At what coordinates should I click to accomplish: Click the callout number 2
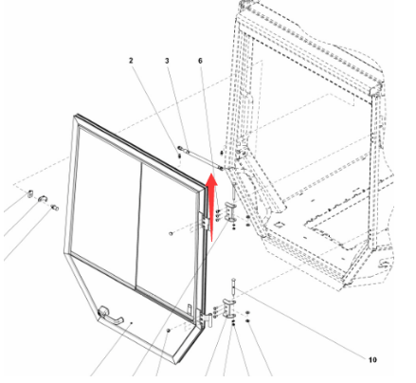(131, 61)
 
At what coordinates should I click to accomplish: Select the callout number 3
(167, 61)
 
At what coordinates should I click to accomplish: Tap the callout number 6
(200, 61)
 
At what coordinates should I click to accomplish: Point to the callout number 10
(372, 359)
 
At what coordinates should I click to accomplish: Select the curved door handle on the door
(110, 316)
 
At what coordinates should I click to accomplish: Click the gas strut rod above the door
(201, 158)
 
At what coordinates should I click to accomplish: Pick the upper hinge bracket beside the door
(230, 212)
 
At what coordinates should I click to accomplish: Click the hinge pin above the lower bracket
(233, 286)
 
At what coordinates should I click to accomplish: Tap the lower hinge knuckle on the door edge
(209, 320)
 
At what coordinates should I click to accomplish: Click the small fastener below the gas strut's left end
(179, 155)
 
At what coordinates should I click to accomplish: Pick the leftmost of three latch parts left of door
(30, 193)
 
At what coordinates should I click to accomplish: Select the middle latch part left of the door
(43, 199)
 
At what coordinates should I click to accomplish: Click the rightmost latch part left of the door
(55, 208)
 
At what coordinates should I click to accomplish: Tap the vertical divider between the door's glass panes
(138, 227)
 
